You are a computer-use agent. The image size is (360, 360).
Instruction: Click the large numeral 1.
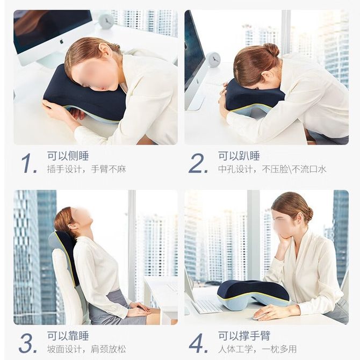[x=28, y=163]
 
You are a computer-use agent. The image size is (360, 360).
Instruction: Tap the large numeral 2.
[x=198, y=163]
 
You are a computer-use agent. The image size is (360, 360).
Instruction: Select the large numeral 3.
[x=28, y=343]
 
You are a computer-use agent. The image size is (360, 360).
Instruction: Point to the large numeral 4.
[x=198, y=343]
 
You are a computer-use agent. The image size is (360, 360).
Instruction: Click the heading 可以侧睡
[x=68, y=156]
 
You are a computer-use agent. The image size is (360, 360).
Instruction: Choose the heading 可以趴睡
[x=239, y=156]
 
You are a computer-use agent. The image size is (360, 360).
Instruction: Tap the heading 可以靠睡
[x=68, y=336]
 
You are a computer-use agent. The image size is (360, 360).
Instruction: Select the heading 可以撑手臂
[x=244, y=336]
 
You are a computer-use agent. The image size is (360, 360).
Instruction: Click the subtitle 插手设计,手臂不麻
[x=87, y=169]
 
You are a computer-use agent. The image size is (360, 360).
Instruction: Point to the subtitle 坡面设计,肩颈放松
[x=87, y=349]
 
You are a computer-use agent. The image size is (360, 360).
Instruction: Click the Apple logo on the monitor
[x=61, y=41]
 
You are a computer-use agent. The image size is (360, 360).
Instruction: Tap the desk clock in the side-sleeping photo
[x=106, y=21]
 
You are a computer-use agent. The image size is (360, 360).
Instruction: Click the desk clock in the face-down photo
[x=213, y=60]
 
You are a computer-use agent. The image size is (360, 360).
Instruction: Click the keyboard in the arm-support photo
[x=206, y=306]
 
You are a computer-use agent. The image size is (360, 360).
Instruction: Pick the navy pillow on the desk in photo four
[x=253, y=292]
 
